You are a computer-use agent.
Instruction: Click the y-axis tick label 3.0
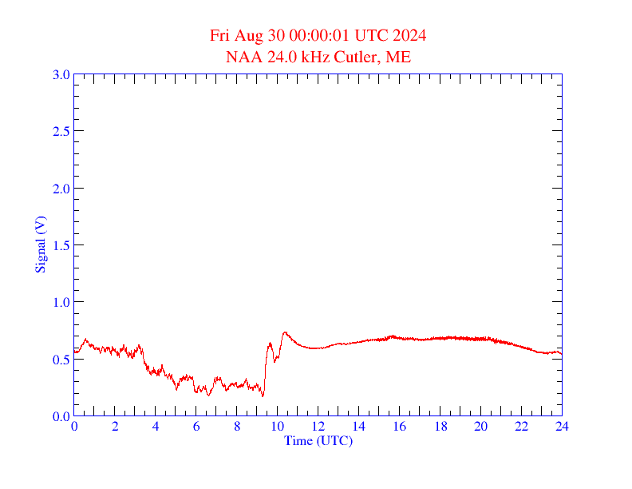pyautogui.click(x=61, y=74)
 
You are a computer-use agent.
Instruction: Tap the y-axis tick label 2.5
pyautogui.click(x=61, y=131)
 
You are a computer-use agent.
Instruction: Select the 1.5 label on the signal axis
pyautogui.click(x=61, y=245)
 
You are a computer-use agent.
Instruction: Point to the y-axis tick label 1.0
pyautogui.click(x=61, y=302)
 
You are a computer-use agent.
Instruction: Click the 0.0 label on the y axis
pyautogui.click(x=61, y=416)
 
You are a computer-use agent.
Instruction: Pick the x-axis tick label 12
pyautogui.click(x=318, y=427)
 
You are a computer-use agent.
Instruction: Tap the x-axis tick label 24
pyautogui.click(x=562, y=427)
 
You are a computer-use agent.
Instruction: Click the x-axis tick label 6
pyautogui.click(x=196, y=427)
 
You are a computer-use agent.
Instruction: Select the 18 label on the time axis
pyautogui.click(x=440, y=427)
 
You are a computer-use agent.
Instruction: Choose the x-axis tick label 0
pyautogui.click(x=74, y=427)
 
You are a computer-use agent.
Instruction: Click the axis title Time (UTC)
pyautogui.click(x=318, y=440)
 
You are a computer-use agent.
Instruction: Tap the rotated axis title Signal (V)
pyautogui.click(x=40, y=245)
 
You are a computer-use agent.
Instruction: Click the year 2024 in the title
pyautogui.click(x=409, y=36)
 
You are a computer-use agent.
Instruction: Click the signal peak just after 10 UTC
pyautogui.click(x=285, y=332)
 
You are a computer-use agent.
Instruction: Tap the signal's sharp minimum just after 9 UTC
pyautogui.click(x=263, y=396)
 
